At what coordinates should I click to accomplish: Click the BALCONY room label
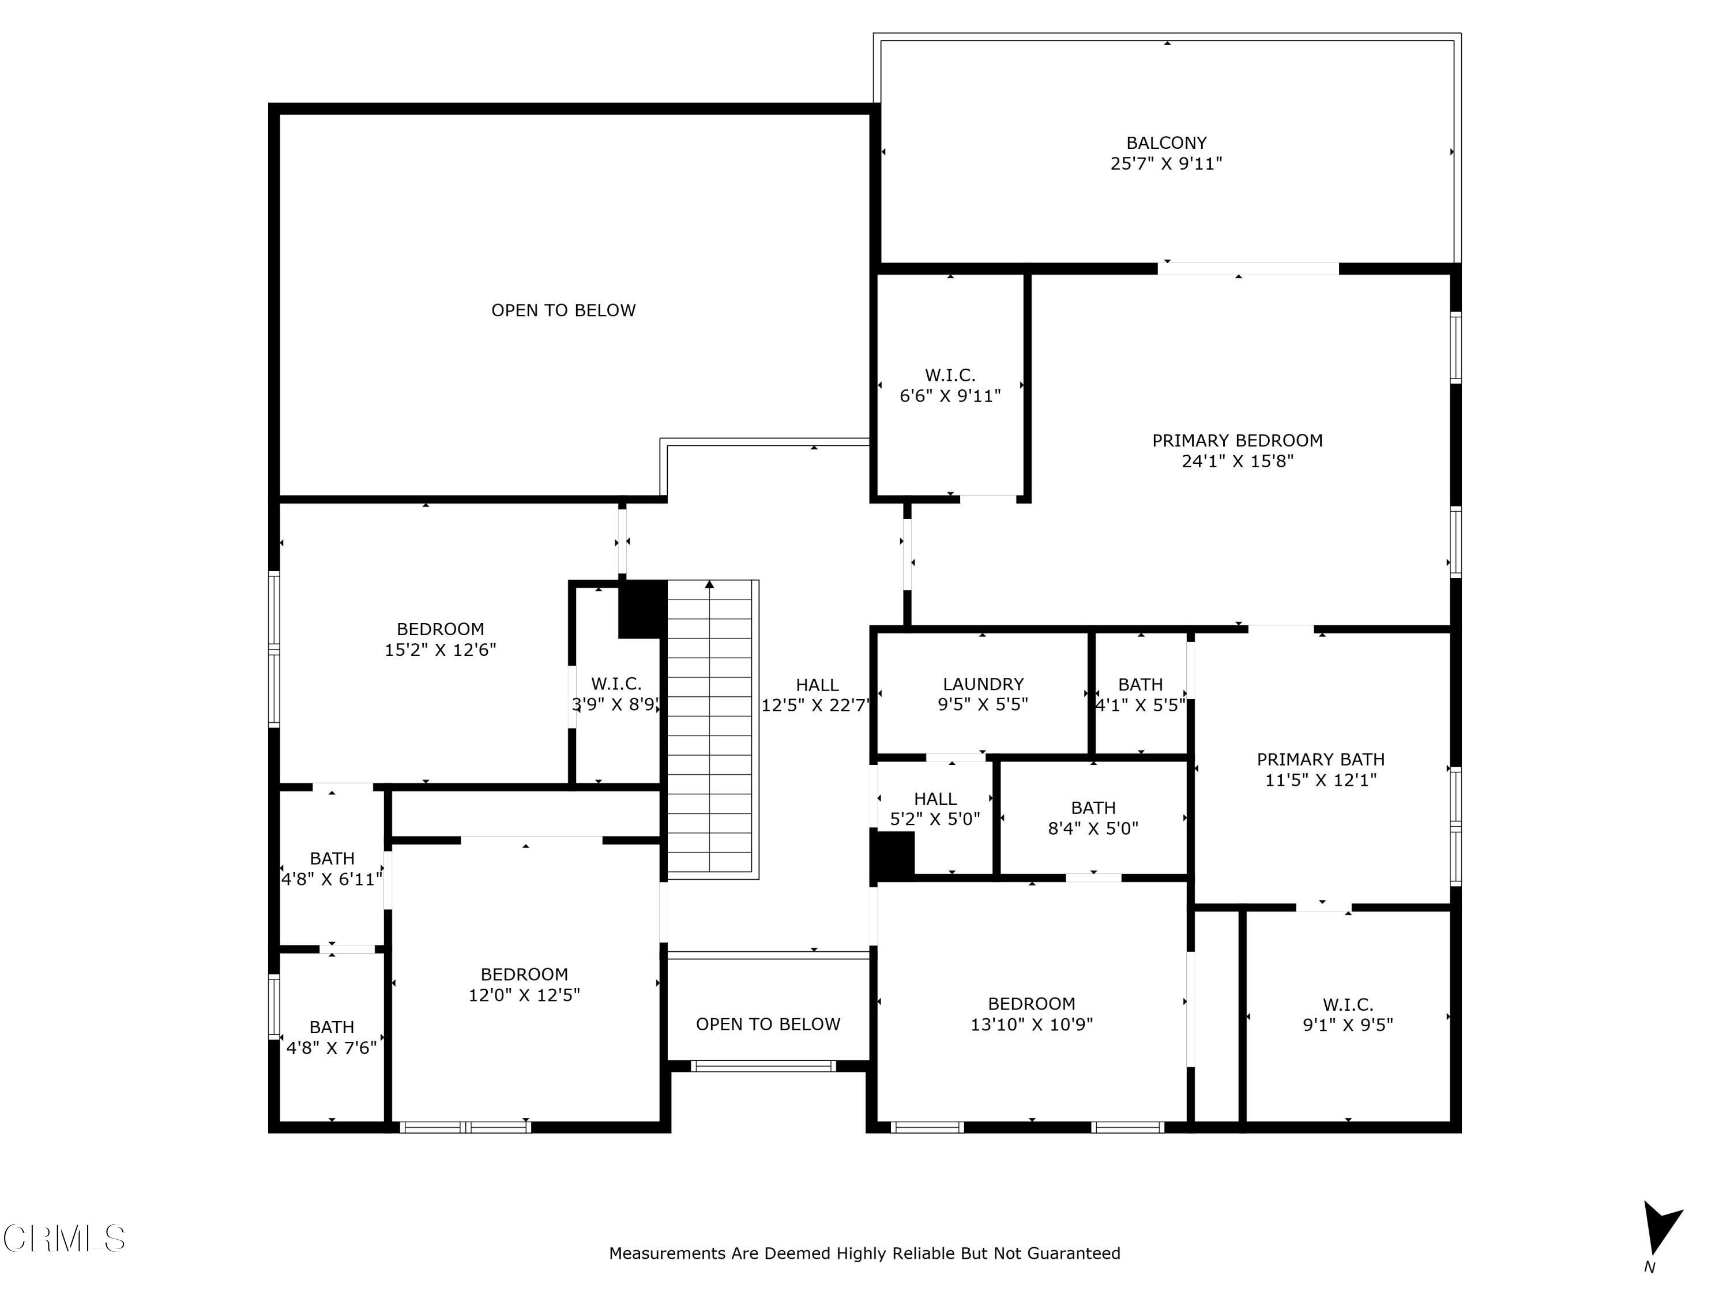(x=1166, y=143)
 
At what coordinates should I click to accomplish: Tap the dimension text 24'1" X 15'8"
(x=1238, y=462)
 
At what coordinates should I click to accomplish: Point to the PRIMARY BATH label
(x=1320, y=760)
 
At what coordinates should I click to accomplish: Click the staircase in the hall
(x=710, y=743)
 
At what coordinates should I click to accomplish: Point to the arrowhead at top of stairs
(x=709, y=584)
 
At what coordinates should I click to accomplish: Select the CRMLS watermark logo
(x=64, y=1239)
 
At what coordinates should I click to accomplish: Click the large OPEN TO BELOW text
(x=563, y=310)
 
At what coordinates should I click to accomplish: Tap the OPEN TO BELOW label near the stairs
(x=768, y=1024)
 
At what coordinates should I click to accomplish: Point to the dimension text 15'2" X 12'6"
(x=441, y=650)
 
